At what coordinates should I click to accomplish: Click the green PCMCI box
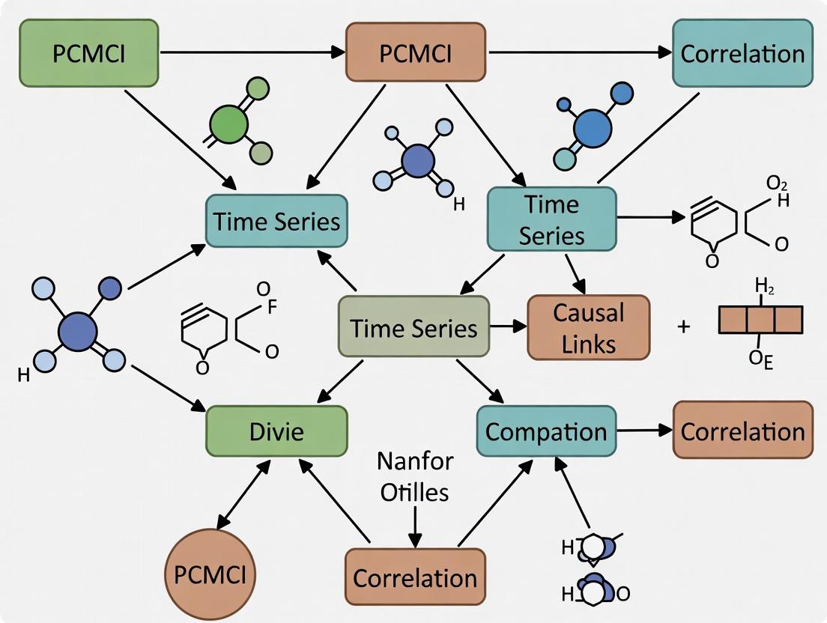point(89,52)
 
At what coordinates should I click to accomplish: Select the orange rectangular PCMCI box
point(415,52)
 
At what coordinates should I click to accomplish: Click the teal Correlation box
point(742,52)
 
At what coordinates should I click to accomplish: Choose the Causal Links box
point(589,327)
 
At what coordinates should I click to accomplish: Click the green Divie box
point(276,432)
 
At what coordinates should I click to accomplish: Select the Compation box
point(546,431)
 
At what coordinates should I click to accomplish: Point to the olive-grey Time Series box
point(413,327)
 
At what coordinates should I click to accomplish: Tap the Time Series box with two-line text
point(551,219)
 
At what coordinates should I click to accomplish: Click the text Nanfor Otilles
point(414,476)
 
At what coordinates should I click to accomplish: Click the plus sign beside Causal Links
point(683,326)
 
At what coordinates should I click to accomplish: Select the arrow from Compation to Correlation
point(644,431)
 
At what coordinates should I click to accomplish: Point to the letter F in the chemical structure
point(273,305)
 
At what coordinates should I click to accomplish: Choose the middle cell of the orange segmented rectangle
point(761,319)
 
